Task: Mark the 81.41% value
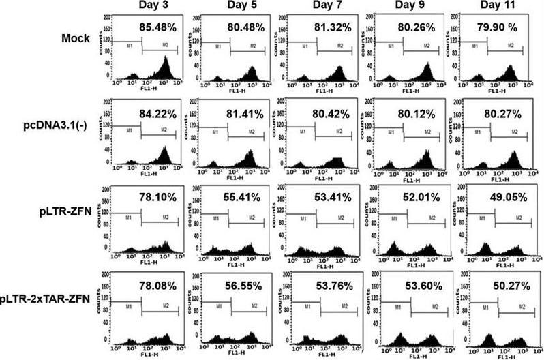pos(244,112)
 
